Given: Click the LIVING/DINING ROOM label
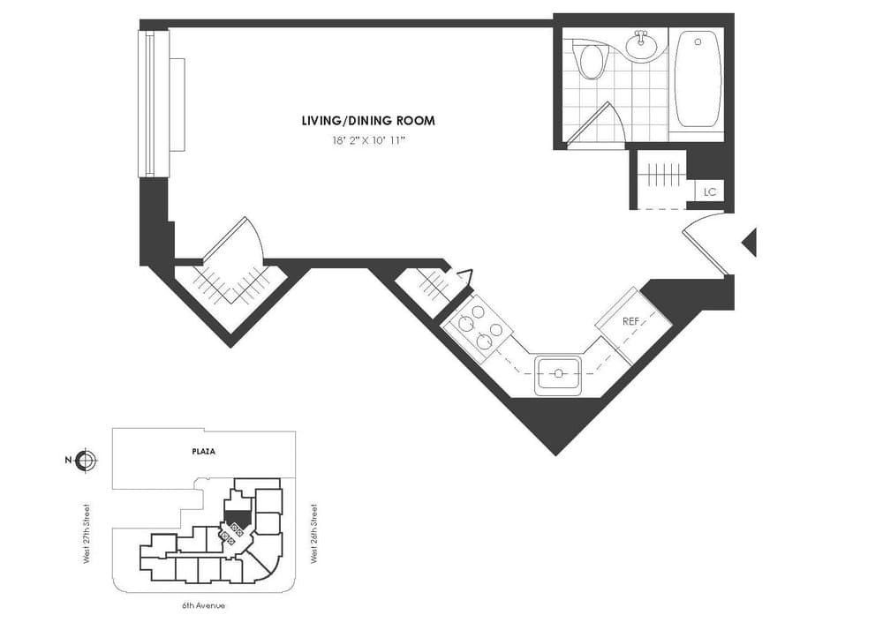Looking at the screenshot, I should (368, 121).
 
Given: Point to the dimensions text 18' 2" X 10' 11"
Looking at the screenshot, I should (368, 140).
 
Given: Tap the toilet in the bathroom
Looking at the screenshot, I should (589, 62).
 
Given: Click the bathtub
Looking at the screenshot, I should (698, 79).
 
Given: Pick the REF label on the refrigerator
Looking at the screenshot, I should (630, 322).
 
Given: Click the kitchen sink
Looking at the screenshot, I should (558, 374).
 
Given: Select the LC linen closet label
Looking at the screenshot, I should (709, 191).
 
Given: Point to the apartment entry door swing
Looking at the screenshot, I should (706, 243).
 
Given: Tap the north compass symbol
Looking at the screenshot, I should (87, 460).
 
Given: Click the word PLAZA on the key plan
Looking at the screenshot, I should (204, 451).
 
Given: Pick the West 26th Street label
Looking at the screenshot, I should (314, 534).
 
